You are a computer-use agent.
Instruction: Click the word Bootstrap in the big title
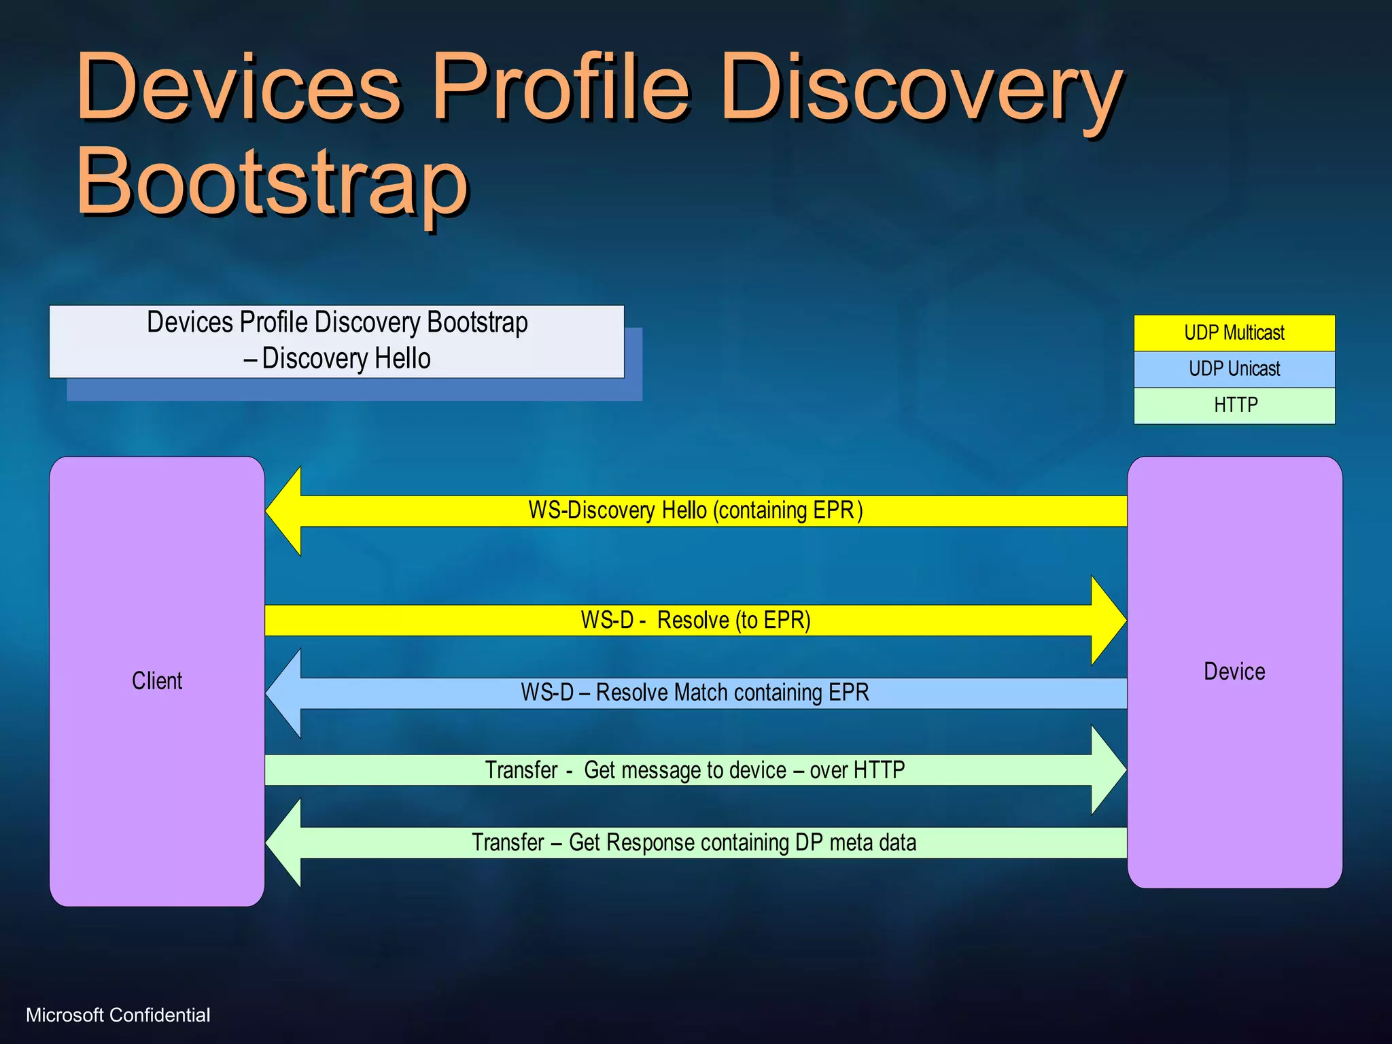tap(272, 181)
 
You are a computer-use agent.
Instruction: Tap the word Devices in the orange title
tap(238, 88)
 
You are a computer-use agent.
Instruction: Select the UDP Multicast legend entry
tap(1234, 333)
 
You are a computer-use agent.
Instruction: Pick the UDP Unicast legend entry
tap(1234, 369)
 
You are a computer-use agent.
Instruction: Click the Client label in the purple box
tap(157, 680)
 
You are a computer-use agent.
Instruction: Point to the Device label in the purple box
tap(1234, 672)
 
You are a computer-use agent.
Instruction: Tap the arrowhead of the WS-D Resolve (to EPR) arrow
tap(1108, 620)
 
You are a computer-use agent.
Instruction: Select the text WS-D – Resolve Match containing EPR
tap(695, 693)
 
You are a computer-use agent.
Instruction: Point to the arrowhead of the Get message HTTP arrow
tap(1108, 770)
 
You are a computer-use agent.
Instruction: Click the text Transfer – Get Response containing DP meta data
tap(693, 843)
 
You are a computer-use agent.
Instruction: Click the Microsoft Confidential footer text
tap(118, 1015)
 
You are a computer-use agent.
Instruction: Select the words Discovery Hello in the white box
tap(346, 358)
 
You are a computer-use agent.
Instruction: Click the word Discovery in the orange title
tap(921, 88)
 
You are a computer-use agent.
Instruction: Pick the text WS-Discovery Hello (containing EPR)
tap(695, 510)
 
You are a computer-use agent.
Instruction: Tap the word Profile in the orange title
tap(561, 88)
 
